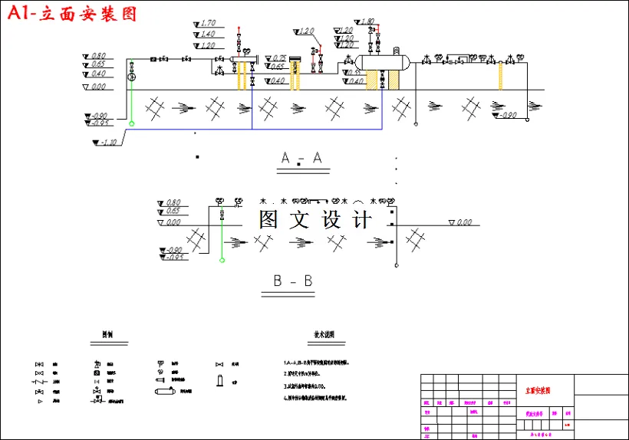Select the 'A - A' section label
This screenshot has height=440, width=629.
(x=301, y=158)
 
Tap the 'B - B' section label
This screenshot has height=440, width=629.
(x=293, y=281)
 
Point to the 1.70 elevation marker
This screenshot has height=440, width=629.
(x=207, y=23)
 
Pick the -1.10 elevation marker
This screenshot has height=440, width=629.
(x=108, y=142)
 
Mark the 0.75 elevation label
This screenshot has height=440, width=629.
(x=278, y=58)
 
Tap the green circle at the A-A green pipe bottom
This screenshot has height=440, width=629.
(x=131, y=123)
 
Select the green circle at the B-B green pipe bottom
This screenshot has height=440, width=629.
(x=222, y=261)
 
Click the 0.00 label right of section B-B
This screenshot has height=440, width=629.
(x=463, y=222)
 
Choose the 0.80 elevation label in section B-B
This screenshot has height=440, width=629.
(x=173, y=202)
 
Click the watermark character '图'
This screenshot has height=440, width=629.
(x=269, y=220)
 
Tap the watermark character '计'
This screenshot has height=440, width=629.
(x=361, y=220)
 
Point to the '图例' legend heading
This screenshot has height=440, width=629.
(x=109, y=336)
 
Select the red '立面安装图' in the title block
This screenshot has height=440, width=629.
(x=537, y=391)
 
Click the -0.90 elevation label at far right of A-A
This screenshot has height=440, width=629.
(x=508, y=115)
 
